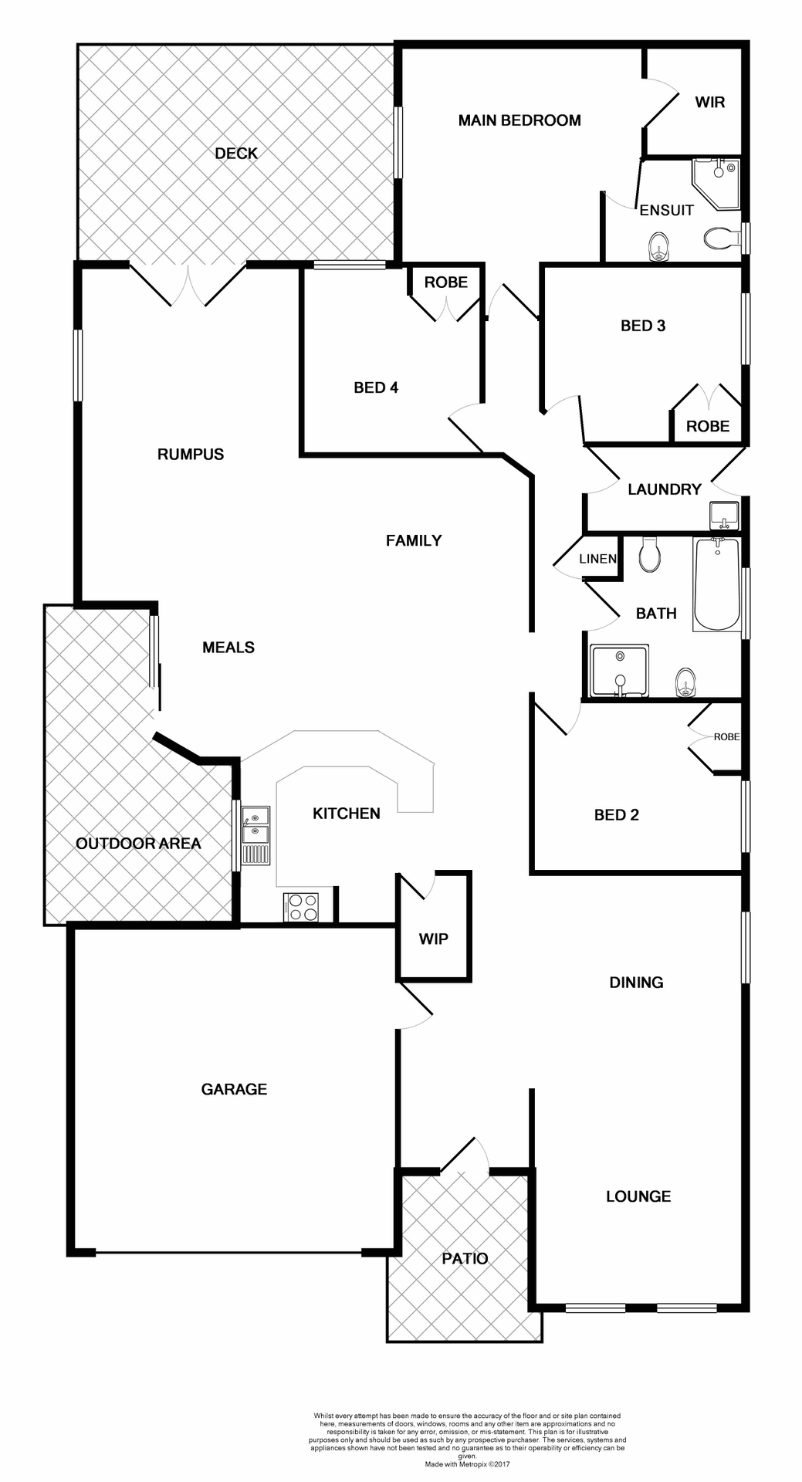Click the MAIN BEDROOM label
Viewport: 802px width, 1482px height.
pos(519,120)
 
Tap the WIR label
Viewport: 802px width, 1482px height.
pos(709,102)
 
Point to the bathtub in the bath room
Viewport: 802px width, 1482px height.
pos(716,584)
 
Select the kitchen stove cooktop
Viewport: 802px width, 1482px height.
pos(301,907)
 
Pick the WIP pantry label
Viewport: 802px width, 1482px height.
pos(433,939)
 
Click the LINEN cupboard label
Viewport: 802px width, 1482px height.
pos(597,559)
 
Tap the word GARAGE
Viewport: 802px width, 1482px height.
pos(234,1089)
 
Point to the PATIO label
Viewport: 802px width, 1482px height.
pos(465,1258)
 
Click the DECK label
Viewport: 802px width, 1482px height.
pos(236,154)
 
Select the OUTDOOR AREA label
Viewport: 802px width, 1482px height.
pos(138,844)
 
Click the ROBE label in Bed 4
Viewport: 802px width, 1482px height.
pos(445,283)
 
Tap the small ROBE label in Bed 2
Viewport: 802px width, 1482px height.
pos(726,737)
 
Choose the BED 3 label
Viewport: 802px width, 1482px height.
pos(642,326)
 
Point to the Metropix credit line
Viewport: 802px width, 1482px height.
pos(467,1463)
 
